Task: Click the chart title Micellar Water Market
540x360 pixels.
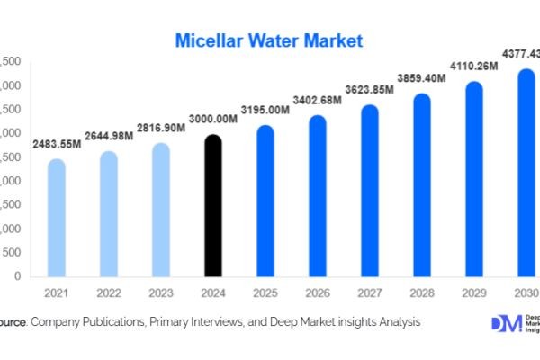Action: tap(269, 40)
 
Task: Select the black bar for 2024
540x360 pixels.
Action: tap(212, 207)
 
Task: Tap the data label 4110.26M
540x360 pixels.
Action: tap(473, 67)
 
